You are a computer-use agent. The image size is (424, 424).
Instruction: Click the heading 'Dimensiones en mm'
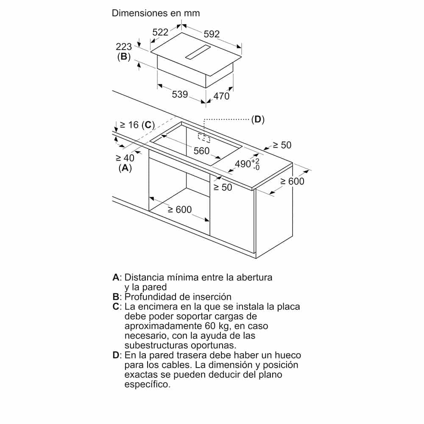[x=156, y=13]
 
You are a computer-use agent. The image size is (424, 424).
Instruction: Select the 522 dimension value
[x=161, y=31]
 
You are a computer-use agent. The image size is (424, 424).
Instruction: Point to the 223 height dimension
[x=124, y=47]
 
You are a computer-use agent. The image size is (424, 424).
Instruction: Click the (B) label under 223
[x=124, y=57]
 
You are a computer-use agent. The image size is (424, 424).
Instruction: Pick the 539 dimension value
[x=180, y=94]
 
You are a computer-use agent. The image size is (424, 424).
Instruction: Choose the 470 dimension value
[x=221, y=96]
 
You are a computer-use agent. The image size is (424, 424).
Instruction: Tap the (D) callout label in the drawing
[x=257, y=120]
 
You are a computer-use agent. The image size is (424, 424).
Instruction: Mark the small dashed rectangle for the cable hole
[x=204, y=137]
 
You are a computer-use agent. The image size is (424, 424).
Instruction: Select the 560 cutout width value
[x=202, y=151]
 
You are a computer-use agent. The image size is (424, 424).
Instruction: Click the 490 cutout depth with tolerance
[x=247, y=164]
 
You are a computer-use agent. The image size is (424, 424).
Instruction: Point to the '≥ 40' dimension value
[x=125, y=158]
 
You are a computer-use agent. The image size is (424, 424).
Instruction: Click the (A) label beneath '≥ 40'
[x=125, y=168]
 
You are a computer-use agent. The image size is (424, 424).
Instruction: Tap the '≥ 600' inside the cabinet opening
[x=179, y=209]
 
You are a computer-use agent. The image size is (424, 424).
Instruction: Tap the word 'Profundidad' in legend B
[x=148, y=297]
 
